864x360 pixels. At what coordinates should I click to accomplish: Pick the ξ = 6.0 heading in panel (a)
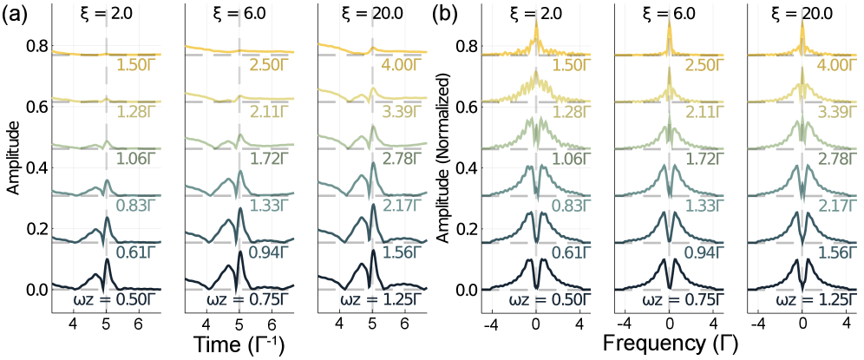239,16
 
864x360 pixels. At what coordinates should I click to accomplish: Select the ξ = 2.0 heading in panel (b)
536,16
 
